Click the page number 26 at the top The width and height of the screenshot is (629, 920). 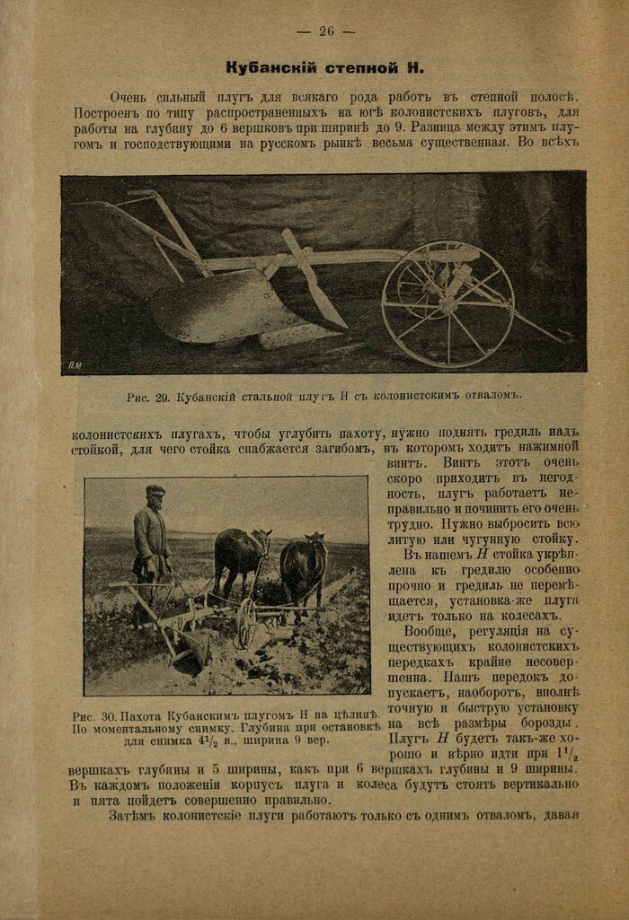tap(325, 31)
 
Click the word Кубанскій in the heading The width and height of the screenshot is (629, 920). tap(265, 67)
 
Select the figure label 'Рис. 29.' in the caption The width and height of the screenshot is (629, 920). tap(149, 395)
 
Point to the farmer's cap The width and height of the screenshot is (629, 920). tap(155, 490)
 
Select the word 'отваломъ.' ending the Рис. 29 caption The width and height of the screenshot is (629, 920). tap(491, 395)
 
